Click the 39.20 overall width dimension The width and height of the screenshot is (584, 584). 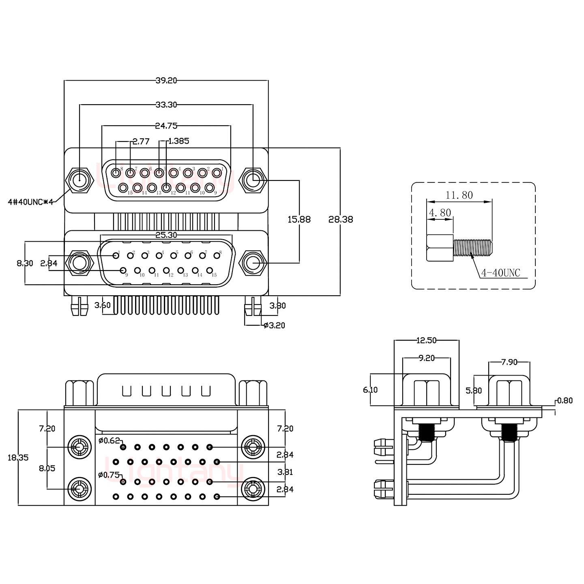tap(166, 80)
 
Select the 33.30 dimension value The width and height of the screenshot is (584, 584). tap(166, 105)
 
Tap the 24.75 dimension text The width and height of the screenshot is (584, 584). tap(166, 126)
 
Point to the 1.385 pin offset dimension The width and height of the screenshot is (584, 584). tap(178, 141)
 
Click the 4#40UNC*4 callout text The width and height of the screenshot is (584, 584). tap(31, 202)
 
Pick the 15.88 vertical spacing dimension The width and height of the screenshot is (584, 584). tap(299, 219)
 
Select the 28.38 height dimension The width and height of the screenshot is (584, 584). tap(341, 219)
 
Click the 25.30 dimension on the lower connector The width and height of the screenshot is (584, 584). tap(166, 235)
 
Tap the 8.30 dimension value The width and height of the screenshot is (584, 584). tap(25, 263)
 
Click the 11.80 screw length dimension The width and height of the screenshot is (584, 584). tap(459, 195)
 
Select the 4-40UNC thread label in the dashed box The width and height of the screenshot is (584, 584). tap(500, 273)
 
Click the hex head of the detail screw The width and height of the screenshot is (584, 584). tap(440, 248)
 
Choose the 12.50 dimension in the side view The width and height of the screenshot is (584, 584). tap(426, 340)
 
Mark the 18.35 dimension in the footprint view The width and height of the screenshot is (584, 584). tap(18, 457)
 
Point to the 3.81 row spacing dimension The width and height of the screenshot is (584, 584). tap(285, 472)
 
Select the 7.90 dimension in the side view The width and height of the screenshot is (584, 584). tap(509, 362)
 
